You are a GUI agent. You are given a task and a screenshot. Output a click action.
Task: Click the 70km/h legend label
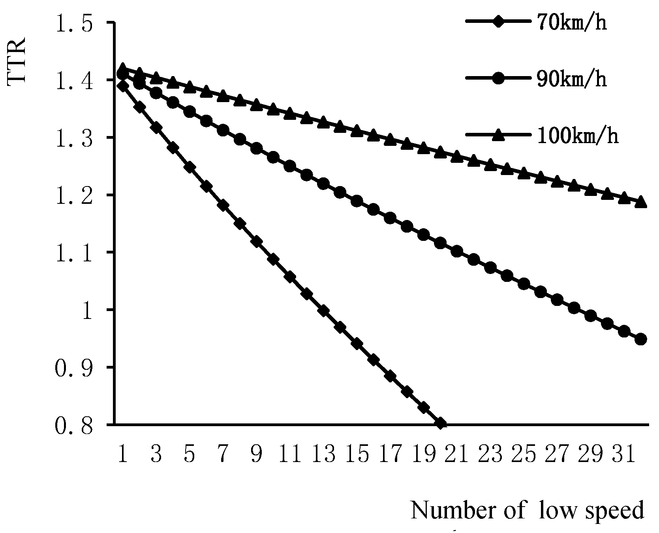pos(572,22)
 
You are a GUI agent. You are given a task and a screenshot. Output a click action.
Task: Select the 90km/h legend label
pos(572,79)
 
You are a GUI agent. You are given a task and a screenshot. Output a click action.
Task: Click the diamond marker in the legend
pos(498,22)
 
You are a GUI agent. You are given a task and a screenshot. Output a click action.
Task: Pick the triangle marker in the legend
pos(498,135)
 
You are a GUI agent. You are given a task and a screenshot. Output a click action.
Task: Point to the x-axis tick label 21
pos(458,454)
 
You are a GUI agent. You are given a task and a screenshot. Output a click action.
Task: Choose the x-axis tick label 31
pos(625,454)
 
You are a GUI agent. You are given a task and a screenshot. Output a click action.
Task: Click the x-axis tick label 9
pos(257,454)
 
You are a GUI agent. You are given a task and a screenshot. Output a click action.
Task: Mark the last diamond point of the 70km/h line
pos(441,424)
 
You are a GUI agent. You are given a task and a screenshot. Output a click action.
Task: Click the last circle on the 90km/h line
pos(641,339)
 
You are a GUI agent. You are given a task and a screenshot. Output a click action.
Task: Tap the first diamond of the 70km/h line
pos(123,86)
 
